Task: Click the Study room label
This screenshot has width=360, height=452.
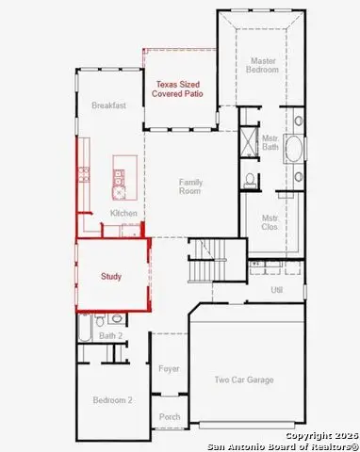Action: pos(111,277)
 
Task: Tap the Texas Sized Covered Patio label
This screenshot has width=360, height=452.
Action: pos(177,89)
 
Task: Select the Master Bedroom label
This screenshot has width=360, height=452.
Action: pos(263,65)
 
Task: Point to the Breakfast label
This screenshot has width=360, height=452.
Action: pos(108,105)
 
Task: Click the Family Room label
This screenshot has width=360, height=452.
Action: pos(190,186)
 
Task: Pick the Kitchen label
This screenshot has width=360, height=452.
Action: pos(123,213)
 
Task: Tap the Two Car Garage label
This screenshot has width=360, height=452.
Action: pos(244,380)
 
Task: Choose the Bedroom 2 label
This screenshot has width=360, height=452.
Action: pos(112,400)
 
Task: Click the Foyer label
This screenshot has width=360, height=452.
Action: pos(169,369)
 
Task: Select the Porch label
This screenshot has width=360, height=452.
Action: pos(170,417)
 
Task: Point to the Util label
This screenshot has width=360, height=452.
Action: pos(277,290)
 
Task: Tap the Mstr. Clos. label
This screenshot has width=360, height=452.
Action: pos(270,222)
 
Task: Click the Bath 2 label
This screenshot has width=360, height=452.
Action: pos(110,336)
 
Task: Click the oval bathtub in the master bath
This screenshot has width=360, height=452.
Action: pos(294,149)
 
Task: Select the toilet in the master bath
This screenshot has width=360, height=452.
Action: pos(250,180)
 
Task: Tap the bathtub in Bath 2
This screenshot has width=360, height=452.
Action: pos(85,328)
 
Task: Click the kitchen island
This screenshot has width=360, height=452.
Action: pos(125,178)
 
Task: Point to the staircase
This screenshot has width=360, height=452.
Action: pos(207,261)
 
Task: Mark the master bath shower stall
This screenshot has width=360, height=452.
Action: pos(250,141)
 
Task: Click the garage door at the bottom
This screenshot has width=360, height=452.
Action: pos(247,425)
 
